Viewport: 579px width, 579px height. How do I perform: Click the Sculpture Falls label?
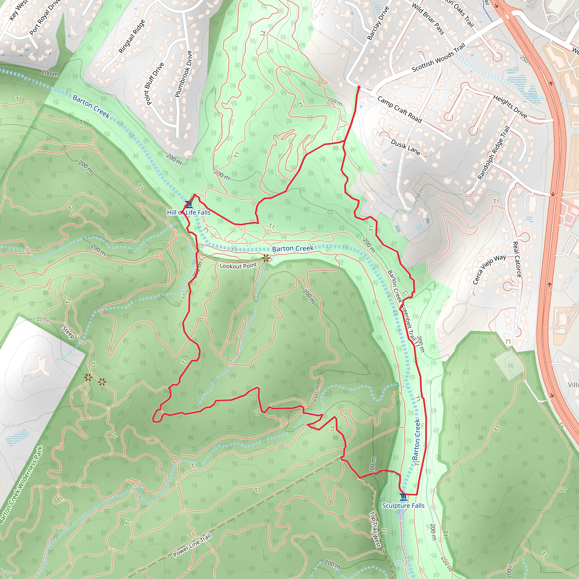[x=403, y=505]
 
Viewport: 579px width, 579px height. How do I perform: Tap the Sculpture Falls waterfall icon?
[x=403, y=498]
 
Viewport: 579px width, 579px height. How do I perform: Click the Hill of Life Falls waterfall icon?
[x=188, y=205]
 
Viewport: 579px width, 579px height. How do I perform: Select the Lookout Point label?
[x=238, y=266]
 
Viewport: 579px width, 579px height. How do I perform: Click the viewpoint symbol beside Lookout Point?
[x=266, y=258]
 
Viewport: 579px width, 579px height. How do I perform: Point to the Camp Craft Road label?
[x=399, y=110]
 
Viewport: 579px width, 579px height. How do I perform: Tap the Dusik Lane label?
[x=405, y=146]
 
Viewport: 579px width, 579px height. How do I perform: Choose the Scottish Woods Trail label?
[x=438, y=58]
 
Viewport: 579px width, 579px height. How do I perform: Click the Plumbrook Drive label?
[x=183, y=74]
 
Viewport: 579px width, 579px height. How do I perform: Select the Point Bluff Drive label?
[x=155, y=84]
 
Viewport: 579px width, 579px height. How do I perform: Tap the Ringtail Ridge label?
[x=132, y=36]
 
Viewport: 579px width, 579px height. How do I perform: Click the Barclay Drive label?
[x=378, y=23]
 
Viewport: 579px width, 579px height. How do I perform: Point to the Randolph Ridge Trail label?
[x=494, y=153]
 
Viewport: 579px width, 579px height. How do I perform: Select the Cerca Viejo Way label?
[x=489, y=269]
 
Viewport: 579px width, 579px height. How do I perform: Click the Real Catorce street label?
[x=517, y=259]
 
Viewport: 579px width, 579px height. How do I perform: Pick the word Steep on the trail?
[x=68, y=332]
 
